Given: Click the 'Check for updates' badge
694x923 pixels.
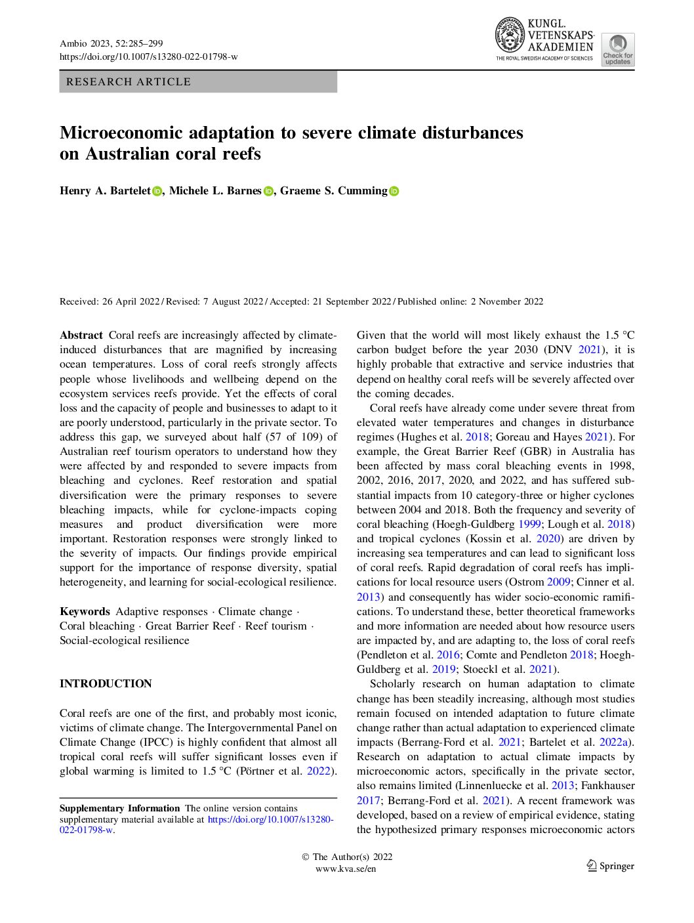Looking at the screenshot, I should click(x=617, y=49).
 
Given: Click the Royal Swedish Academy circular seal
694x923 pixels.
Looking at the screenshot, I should click(x=510, y=35).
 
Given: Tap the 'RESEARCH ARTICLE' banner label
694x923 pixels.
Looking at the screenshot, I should click(x=129, y=82).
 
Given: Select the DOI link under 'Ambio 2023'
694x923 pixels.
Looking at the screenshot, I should click(x=149, y=57).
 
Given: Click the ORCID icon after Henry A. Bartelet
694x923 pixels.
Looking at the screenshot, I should click(x=157, y=192).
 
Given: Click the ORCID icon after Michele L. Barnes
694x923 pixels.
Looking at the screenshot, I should click(x=268, y=192).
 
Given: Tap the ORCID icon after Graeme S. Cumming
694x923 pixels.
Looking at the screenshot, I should click(x=394, y=192).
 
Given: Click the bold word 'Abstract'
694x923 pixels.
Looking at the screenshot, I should click(x=81, y=335).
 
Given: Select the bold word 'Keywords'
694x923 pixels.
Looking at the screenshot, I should click(x=85, y=612).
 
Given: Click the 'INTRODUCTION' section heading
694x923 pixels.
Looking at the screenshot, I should click(x=106, y=684).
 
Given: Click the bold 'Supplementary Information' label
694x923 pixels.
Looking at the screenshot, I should click(x=119, y=809).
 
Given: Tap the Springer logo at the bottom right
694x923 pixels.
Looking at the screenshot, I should click(x=610, y=866).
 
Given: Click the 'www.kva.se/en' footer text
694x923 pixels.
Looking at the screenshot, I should click(x=346, y=869).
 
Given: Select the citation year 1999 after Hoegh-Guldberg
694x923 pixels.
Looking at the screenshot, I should click(x=529, y=525).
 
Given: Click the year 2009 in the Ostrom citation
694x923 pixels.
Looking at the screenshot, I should click(x=559, y=582).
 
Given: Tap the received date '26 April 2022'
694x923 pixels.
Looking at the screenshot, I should click(x=131, y=302).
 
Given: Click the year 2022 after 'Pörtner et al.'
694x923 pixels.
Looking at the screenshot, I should click(x=319, y=771).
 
